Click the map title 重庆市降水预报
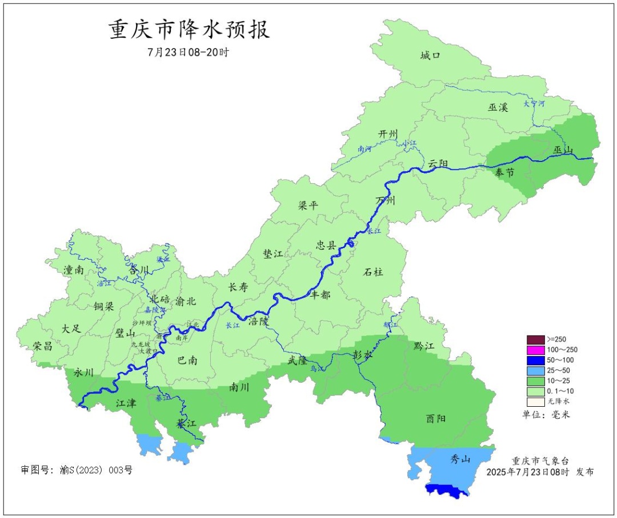189,30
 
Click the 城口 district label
430,55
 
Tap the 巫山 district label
563,150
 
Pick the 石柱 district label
373,272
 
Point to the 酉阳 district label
436,418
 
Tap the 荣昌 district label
43,346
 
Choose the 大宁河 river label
534,104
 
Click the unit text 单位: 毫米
546,414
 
